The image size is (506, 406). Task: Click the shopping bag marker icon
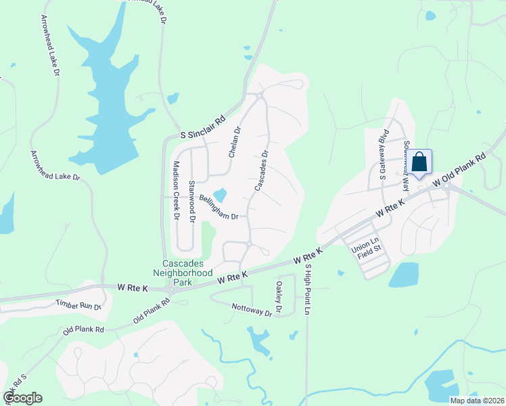tap(419, 162)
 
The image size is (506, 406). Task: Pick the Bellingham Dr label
tap(219, 208)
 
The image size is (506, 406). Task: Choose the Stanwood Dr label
tap(192, 201)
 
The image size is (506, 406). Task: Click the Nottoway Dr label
tap(252, 309)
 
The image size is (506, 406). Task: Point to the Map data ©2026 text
tap(476, 401)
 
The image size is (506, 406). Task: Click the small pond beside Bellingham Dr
tap(219, 196)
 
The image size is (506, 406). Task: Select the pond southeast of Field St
tap(404, 275)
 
